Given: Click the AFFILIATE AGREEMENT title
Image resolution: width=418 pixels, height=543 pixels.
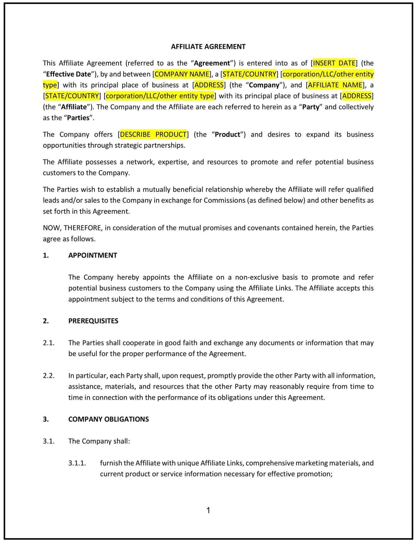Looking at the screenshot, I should coord(208,47).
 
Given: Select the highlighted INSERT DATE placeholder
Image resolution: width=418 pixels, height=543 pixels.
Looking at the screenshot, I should coord(334,63).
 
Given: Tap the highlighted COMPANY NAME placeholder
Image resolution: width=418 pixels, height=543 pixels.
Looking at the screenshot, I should coord(182,74).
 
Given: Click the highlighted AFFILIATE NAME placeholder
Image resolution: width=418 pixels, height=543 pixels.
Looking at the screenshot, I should coord(335,85).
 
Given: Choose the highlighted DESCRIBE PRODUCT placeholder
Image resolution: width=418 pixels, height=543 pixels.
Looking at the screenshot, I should coord(153,135).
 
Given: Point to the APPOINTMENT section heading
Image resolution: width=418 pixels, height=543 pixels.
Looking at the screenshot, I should coord(93,255).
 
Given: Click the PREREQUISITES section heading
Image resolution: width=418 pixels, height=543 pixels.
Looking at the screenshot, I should coord(93,321).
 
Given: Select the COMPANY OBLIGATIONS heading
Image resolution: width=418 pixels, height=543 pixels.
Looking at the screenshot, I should coord(108,419).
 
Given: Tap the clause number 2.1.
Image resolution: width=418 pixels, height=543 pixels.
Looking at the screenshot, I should coord(48,343).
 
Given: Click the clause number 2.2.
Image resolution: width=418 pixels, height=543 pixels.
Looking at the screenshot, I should coord(48,376).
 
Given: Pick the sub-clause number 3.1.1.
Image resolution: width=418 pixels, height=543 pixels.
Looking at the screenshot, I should coord(77,463).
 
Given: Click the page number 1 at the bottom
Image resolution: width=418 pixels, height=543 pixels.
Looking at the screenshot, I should coord(208,510).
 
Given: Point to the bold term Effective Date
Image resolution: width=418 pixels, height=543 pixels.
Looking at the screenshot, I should coord(68,74).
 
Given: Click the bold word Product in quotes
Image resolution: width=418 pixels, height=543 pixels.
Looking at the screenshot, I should coord(227,135).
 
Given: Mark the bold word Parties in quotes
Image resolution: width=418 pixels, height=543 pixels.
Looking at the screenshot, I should coord(78,118).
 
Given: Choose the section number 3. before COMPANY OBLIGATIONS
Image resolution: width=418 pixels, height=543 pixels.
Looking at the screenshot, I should coord(46,419).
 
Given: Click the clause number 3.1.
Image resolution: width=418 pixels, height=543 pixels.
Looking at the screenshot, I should coord(48,441).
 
